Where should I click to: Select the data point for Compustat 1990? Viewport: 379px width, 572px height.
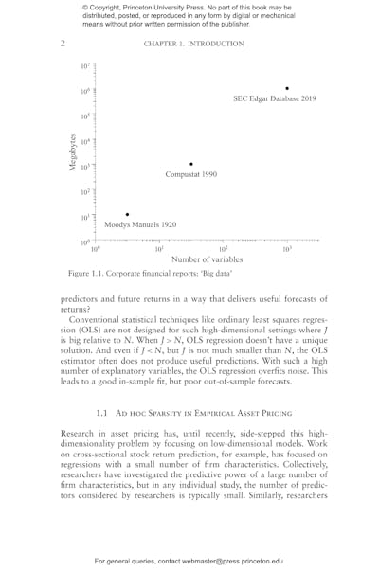[x=191, y=164]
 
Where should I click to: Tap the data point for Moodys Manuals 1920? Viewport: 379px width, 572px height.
[x=127, y=215]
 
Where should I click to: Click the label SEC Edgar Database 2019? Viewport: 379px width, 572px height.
[x=275, y=98]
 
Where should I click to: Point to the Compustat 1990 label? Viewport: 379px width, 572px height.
[x=191, y=175]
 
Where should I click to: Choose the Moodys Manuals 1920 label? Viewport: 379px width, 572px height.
[x=140, y=225]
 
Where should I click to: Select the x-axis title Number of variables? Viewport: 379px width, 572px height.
[x=207, y=259]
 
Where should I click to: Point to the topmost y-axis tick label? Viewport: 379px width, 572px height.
[x=85, y=66]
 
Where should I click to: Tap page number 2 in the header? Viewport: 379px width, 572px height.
[x=62, y=43]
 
